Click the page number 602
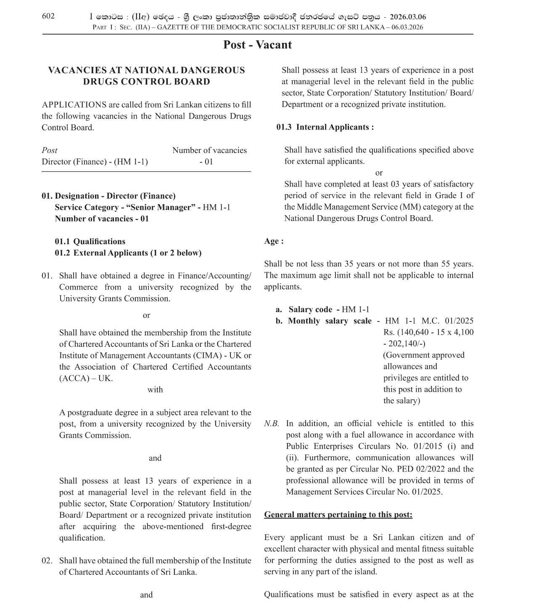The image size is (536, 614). pos(48,16)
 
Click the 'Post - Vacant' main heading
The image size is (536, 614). pos(257,45)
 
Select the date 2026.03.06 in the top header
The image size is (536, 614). pos(408,17)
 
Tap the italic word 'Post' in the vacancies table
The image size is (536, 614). pos(50,150)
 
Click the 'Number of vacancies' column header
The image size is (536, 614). pos(209,150)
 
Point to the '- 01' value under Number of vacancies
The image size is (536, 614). pos(206,162)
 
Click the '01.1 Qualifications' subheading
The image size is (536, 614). pos(90,241)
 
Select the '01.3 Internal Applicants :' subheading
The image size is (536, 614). pos(325,127)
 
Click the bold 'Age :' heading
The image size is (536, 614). pos(274,241)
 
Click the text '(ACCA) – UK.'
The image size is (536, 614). pos(86,378)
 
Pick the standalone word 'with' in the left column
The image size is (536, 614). pos(155,390)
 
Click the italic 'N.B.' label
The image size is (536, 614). pos(272,424)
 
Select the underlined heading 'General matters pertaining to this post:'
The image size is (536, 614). pos(338,515)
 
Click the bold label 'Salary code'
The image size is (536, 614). pos(310,310)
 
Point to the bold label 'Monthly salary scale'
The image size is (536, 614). pos(330,321)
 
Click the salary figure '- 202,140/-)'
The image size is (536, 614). pos(404,344)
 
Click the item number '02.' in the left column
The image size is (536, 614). pos(47,561)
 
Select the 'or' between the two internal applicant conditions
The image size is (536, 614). pos(379,173)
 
